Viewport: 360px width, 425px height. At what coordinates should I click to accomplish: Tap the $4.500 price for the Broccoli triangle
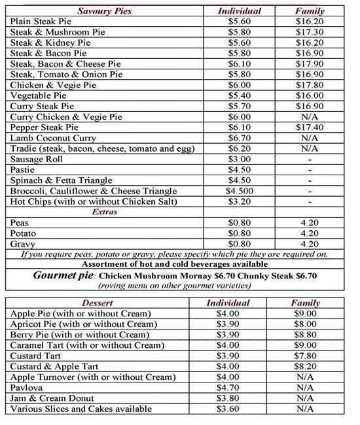(x=239, y=191)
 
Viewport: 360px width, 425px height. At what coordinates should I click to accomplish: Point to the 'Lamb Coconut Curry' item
(x=53, y=139)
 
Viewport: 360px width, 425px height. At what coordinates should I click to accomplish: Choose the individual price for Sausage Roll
(x=239, y=159)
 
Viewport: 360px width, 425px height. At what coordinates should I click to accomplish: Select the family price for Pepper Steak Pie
(x=310, y=127)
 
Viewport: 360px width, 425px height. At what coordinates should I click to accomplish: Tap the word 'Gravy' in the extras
(x=24, y=243)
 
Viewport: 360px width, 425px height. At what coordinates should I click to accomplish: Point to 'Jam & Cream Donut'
(x=52, y=398)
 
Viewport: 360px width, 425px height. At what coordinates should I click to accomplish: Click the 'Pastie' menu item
(x=24, y=169)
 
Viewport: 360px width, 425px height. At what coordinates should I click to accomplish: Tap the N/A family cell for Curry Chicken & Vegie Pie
(x=310, y=117)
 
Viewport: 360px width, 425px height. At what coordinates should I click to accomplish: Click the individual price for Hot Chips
(x=239, y=201)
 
